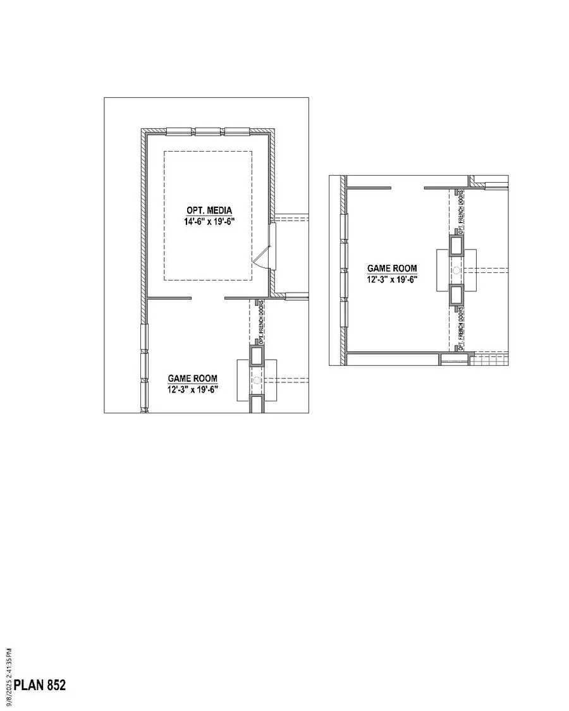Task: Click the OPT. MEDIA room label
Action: coord(209,210)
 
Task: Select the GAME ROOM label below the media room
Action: coord(192,379)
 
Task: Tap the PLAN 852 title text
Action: coord(40,685)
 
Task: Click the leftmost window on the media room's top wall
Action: coord(180,131)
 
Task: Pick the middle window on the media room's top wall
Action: coord(209,131)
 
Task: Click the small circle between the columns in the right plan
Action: coord(456,270)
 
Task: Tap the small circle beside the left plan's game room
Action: coord(257,379)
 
